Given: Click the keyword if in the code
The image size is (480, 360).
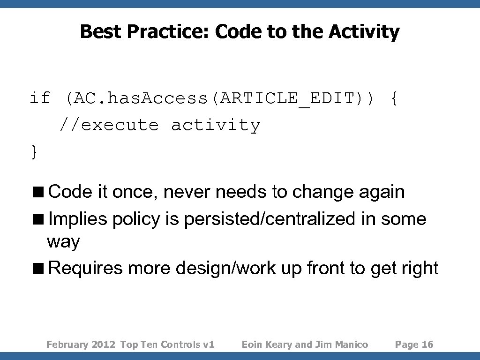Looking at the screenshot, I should pos(40,98).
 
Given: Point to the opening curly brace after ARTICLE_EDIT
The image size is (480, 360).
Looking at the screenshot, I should pos(394,99).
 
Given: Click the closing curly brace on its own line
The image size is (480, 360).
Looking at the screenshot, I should pos(34,152).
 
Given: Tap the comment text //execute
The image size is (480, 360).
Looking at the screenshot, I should pos(109,125).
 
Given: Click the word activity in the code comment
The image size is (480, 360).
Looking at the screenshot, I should pos(215,125).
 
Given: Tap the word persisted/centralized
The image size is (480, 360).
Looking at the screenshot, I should pos(270,219).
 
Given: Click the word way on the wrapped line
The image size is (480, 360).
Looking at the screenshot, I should pos(63,242).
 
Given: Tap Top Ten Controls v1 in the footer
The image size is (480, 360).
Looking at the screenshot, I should pos(167,345).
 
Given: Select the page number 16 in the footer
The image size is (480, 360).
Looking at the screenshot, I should pos(427,345).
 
